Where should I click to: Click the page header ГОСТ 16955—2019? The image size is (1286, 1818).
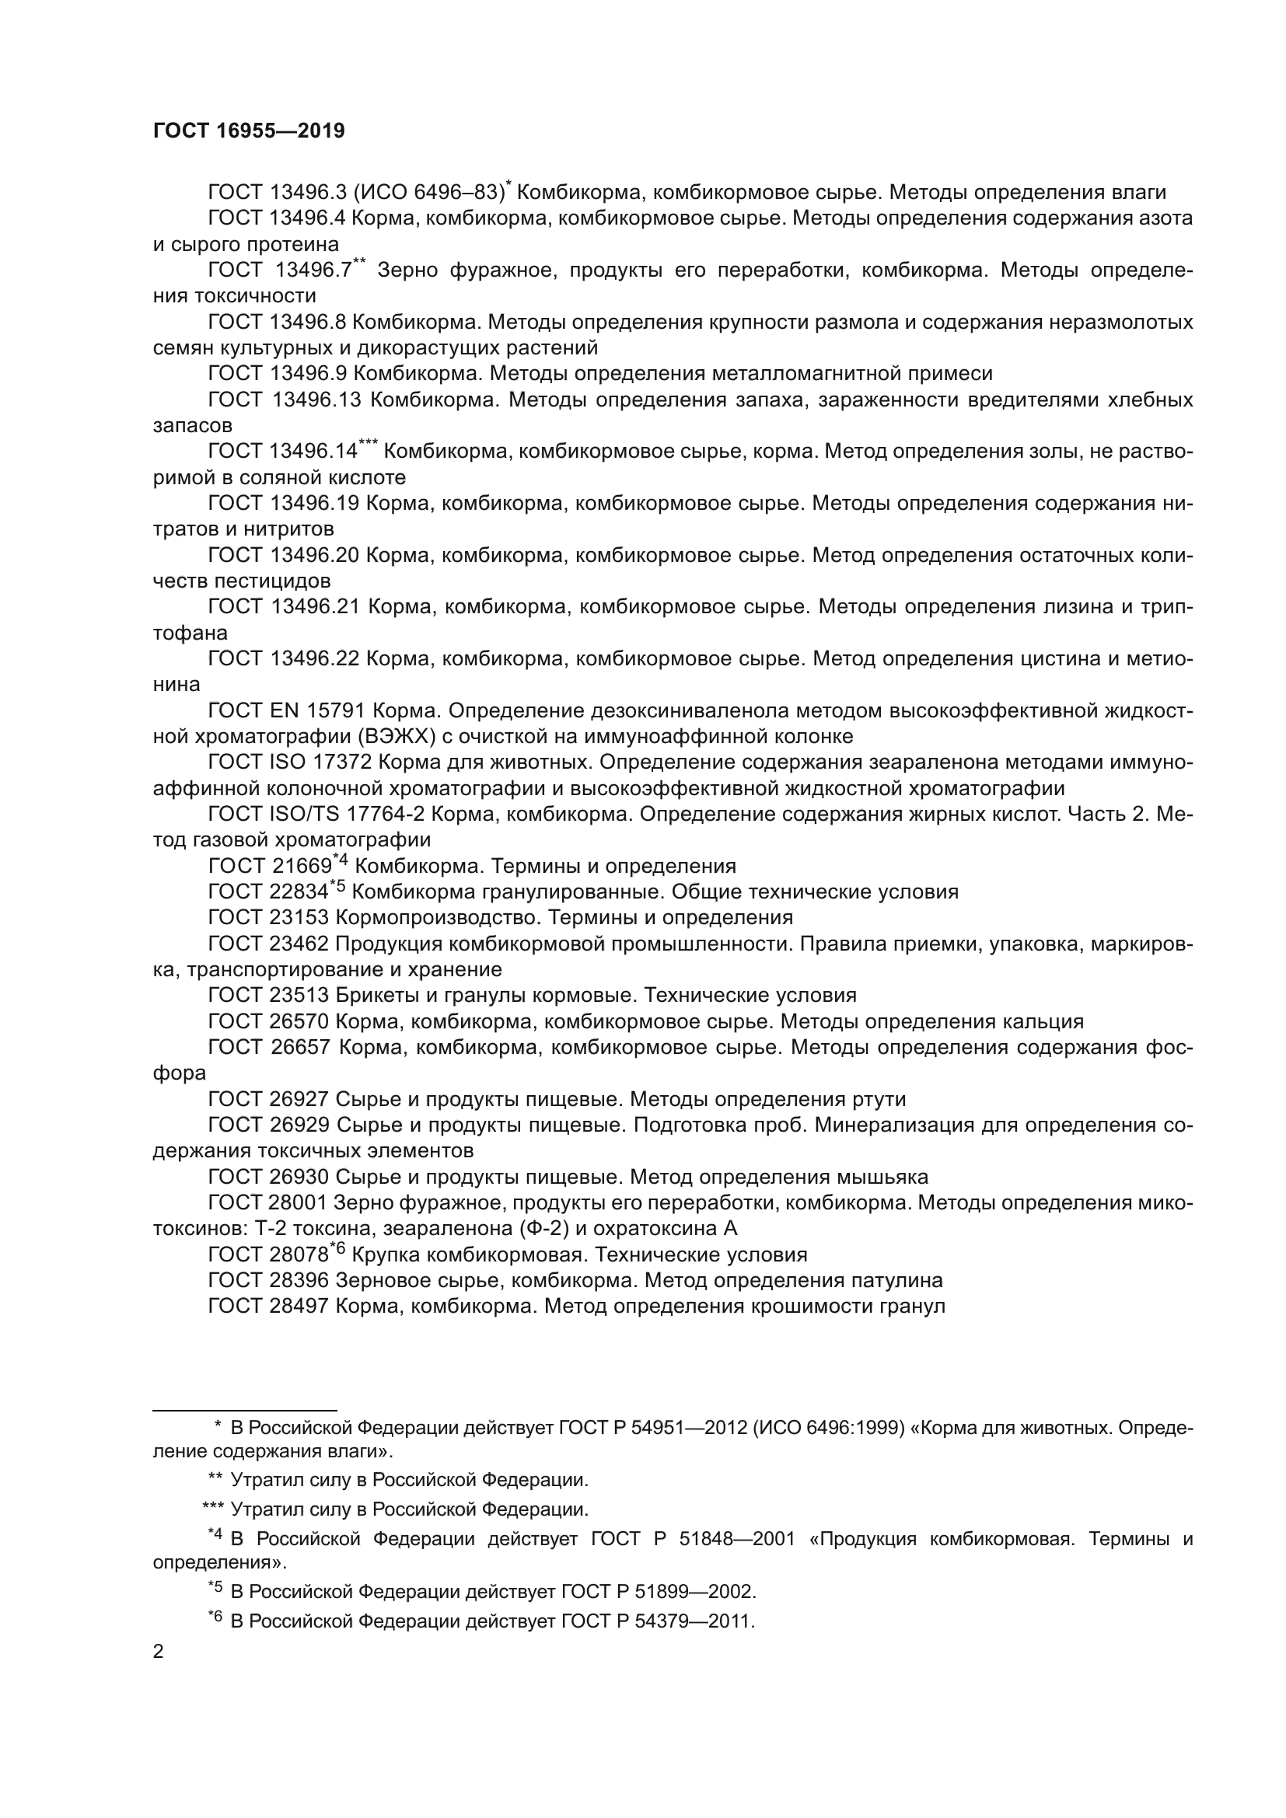249,131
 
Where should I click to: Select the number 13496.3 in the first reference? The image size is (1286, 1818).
307,193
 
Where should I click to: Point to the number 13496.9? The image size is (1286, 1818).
307,374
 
